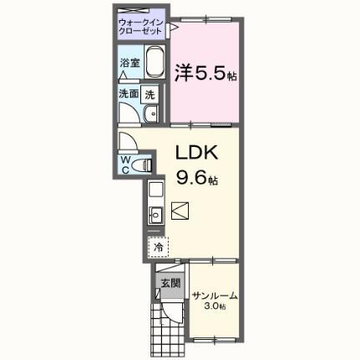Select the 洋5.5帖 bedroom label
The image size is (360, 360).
[x=204, y=73]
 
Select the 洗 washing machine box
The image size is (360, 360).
[x=150, y=94]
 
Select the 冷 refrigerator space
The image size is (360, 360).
[x=157, y=247]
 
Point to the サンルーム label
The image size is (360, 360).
[x=214, y=296]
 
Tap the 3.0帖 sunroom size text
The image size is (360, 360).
[x=215, y=307]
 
